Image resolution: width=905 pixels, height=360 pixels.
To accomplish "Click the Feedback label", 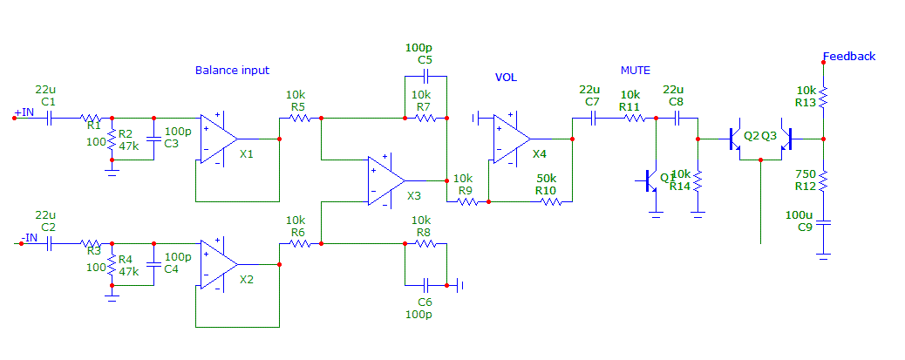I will click(851, 57).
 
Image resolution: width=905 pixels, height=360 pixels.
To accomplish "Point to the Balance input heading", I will click(232, 71).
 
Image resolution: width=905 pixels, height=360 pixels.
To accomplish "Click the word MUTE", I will click(635, 70).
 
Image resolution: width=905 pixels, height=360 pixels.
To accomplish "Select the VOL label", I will click(506, 78).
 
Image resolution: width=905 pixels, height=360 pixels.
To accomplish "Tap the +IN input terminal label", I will click(24, 113).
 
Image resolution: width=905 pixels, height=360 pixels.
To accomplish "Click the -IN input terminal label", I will click(29, 238).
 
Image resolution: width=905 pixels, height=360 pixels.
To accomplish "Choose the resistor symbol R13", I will click(824, 97).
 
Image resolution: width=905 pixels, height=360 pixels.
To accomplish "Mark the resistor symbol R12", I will click(824, 182).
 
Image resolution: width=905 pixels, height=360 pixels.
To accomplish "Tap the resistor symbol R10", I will click(551, 201).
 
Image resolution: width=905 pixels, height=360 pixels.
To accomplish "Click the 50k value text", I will click(546, 178).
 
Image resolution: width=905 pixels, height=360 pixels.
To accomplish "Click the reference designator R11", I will click(629, 107).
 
